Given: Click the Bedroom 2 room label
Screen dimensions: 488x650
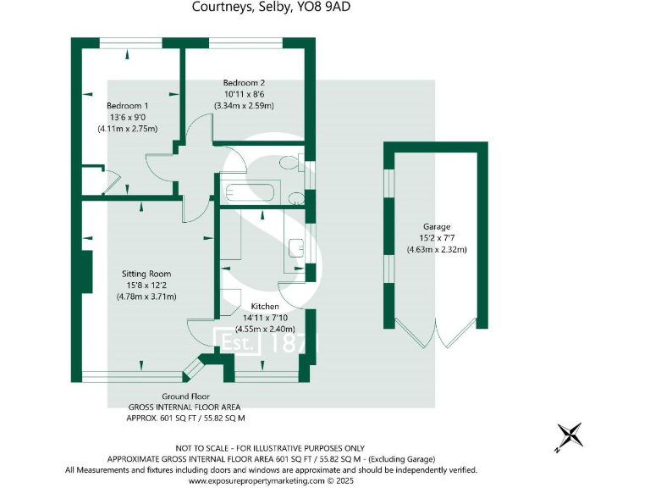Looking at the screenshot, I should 245,82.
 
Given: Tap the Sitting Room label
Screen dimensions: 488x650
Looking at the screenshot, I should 146,274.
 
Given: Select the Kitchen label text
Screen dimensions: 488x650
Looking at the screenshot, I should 265,306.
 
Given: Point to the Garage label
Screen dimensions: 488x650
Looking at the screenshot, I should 437,226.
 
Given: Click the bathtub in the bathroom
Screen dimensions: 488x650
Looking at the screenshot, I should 249,191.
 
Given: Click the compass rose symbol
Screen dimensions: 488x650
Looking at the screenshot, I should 570,435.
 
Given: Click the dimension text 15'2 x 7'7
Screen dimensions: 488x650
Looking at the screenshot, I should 437,238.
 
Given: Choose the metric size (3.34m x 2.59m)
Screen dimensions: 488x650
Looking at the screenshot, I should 245,106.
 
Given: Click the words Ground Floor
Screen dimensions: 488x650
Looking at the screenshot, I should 185,396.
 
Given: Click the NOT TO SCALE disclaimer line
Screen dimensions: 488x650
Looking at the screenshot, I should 270,447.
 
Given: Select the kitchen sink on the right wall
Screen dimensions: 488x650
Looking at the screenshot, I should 296,247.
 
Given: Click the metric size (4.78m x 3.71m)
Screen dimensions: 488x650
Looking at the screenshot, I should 146,297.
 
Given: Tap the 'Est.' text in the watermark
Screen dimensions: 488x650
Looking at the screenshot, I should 238,343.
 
